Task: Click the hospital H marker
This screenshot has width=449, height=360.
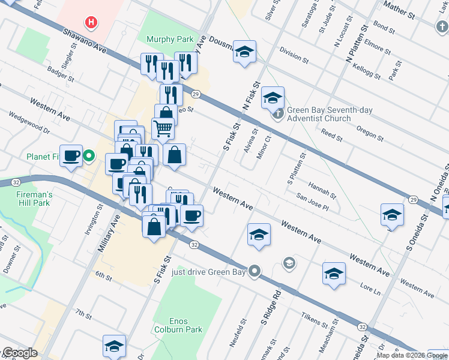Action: point(91,23)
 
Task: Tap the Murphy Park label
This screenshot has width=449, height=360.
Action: point(170,39)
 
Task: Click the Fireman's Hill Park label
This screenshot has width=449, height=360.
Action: point(34,199)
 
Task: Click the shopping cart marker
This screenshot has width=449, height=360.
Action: point(163,128)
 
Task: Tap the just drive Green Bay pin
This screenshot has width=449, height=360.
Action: point(255,272)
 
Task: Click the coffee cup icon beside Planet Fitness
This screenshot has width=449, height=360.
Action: point(71,156)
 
